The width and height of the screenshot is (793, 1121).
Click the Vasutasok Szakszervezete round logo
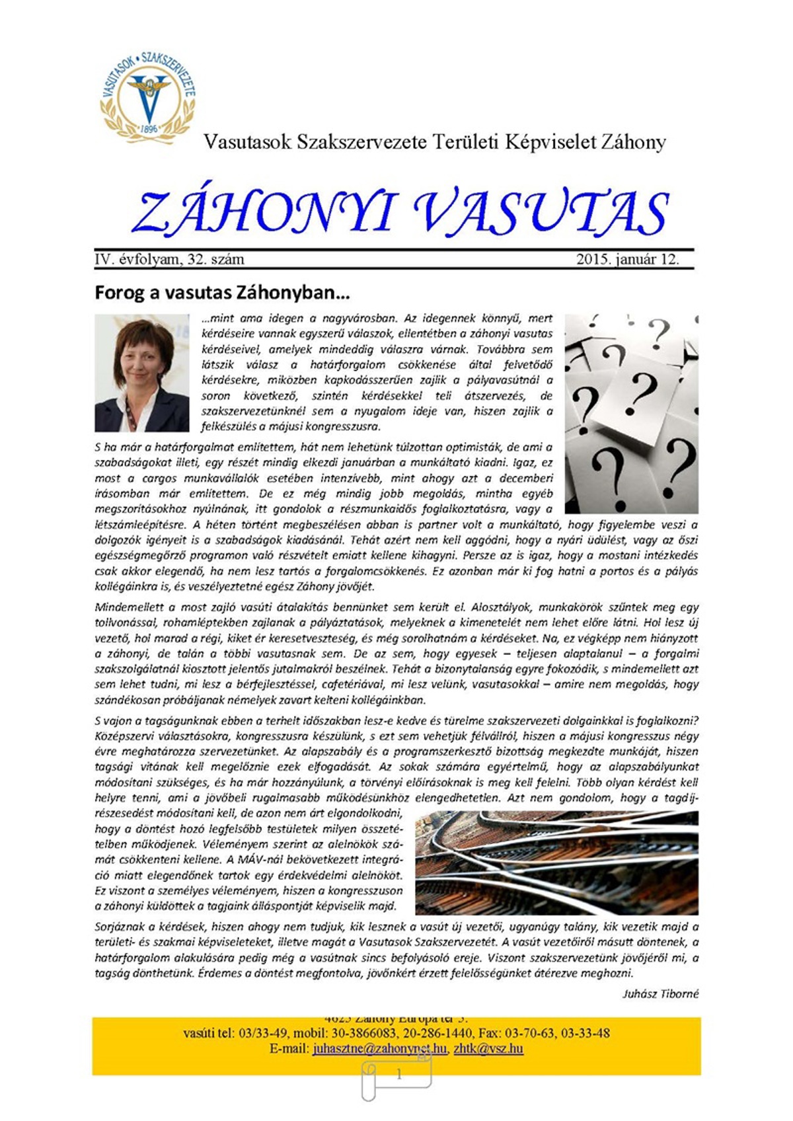coord(148,97)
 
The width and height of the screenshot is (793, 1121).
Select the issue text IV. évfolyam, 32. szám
coord(169,259)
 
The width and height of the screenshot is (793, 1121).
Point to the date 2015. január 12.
coord(627,259)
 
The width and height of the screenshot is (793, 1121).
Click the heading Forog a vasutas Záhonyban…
coord(222,292)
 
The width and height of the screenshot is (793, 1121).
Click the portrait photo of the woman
coord(142,373)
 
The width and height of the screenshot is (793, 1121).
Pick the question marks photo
coord(631,414)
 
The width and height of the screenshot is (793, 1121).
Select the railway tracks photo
coord(556,862)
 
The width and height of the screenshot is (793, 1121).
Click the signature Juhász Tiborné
coord(660,994)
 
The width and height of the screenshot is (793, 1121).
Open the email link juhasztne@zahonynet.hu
coord(380,1049)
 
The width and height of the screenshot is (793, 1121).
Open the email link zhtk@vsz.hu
coord(488,1049)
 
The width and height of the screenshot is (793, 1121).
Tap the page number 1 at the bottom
coord(398,1075)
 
